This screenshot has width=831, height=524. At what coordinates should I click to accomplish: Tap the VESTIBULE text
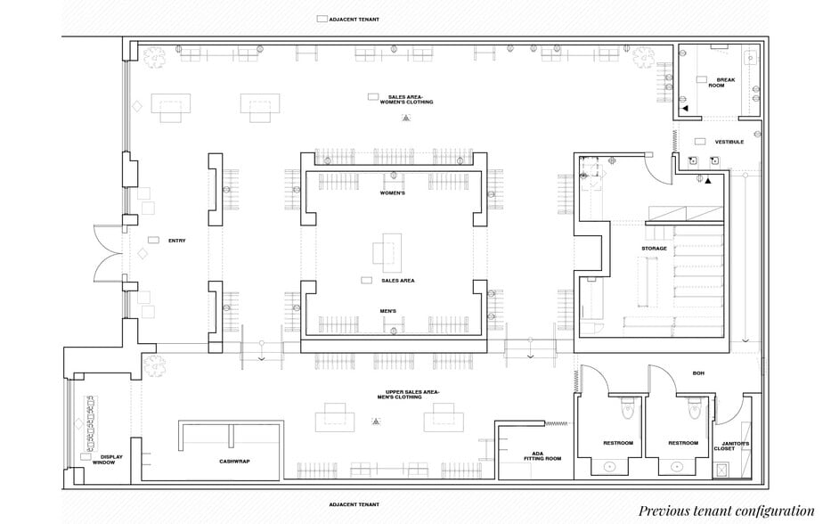tap(729, 142)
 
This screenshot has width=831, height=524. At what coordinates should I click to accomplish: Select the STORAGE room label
tap(654, 249)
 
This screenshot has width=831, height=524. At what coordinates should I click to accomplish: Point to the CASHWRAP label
tap(233, 461)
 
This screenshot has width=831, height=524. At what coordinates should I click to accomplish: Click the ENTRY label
tap(176, 241)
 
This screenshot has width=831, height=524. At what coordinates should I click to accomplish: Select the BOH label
tap(697, 373)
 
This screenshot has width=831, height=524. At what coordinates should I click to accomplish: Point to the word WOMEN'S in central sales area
tap(393, 192)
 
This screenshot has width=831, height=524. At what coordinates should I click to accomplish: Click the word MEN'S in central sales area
tap(388, 311)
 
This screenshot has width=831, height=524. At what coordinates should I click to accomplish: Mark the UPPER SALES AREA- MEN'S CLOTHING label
tap(412, 394)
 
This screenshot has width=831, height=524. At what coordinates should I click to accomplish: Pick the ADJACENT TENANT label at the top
tap(354, 19)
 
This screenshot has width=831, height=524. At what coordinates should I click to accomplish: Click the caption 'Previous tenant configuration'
tap(726, 511)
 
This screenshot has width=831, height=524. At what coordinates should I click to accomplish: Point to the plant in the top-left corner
tap(154, 57)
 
